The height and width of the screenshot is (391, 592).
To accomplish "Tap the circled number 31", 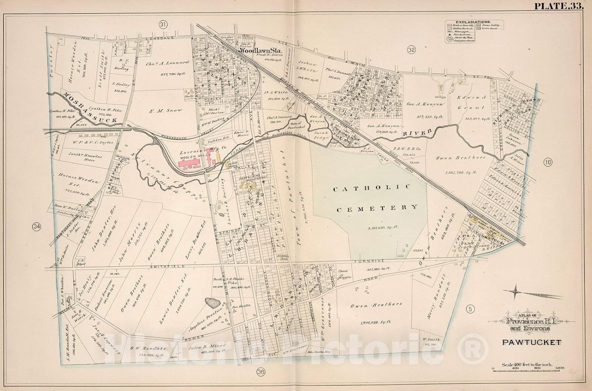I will [x=163, y=25].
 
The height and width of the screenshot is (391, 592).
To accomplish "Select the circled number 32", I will [x=412, y=50].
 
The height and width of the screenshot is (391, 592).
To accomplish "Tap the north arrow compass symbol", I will [x=517, y=292].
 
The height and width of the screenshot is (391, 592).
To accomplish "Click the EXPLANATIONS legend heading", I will [x=468, y=22].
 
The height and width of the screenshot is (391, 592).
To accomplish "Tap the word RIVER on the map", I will [x=416, y=133].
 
